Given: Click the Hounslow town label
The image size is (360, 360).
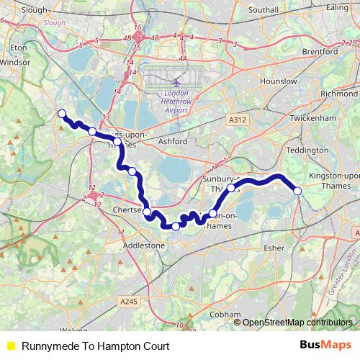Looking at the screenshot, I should point(279,81).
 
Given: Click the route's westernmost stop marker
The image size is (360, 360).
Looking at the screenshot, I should point(62,113).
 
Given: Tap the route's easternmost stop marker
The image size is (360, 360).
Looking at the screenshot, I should point(297,190).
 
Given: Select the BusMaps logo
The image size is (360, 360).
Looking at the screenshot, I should point(325,346).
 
